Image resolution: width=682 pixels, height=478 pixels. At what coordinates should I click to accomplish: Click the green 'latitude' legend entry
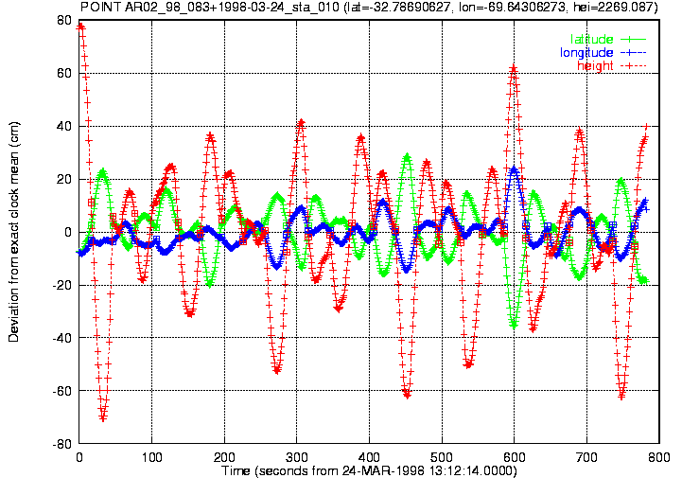608,39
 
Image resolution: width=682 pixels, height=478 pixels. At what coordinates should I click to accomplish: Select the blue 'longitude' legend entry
603,53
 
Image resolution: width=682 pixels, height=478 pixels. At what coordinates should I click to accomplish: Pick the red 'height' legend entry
612,65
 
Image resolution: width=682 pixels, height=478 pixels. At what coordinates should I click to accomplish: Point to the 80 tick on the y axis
64,20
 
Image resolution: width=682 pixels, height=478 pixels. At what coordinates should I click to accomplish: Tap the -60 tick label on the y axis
61,391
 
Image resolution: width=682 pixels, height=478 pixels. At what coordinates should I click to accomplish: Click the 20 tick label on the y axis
64,179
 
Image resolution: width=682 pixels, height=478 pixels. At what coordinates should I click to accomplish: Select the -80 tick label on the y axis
61,444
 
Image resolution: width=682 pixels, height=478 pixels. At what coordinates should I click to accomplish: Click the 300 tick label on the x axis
297,457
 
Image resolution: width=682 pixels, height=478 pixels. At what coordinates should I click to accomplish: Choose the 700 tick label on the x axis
586,457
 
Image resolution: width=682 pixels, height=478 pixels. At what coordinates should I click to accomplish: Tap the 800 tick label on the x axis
659,457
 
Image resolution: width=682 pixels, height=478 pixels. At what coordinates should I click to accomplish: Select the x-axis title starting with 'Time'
369,470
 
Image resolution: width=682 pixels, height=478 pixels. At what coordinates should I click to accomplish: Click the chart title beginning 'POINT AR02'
369,7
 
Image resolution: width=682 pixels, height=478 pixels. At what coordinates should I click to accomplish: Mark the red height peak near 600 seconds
515,68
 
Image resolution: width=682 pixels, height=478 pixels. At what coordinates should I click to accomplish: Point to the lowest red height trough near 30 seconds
103,418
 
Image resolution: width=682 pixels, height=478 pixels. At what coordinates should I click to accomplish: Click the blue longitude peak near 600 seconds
515,168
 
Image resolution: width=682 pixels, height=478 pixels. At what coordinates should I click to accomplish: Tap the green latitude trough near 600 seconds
515,325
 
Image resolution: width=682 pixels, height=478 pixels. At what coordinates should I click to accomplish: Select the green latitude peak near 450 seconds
407,155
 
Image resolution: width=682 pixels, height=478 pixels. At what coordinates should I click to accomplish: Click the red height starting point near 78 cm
80,27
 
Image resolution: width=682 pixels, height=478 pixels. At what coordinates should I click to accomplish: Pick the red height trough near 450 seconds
407,395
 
